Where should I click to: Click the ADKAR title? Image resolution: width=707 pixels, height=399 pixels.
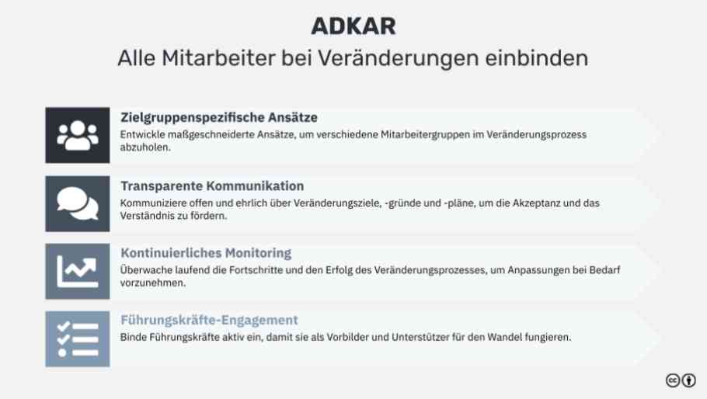click(x=353, y=26)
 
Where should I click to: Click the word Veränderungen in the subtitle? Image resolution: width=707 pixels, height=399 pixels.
click(x=398, y=58)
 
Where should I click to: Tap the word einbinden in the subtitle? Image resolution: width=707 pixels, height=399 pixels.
click(x=537, y=58)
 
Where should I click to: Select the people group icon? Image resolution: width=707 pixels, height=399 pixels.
click(x=78, y=135)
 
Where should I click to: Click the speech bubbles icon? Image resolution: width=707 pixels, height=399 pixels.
click(x=78, y=203)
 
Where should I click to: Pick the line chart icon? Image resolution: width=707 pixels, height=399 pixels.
click(x=78, y=271)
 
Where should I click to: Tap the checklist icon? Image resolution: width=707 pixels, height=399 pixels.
click(x=78, y=338)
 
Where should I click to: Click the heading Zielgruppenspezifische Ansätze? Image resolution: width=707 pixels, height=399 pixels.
click(x=218, y=117)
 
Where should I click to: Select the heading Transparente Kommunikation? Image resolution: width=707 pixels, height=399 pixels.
click(x=212, y=186)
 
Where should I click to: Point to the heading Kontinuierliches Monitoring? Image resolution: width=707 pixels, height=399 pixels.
click(x=206, y=253)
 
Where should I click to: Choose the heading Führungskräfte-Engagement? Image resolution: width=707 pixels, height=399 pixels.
click(x=209, y=320)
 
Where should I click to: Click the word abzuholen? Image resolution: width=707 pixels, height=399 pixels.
click(x=145, y=147)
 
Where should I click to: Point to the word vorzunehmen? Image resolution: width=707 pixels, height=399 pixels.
click(x=153, y=283)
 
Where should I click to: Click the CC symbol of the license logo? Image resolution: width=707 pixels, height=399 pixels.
click(x=673, y=380)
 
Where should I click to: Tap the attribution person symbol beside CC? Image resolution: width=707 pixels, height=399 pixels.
click(x=688, y=380)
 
